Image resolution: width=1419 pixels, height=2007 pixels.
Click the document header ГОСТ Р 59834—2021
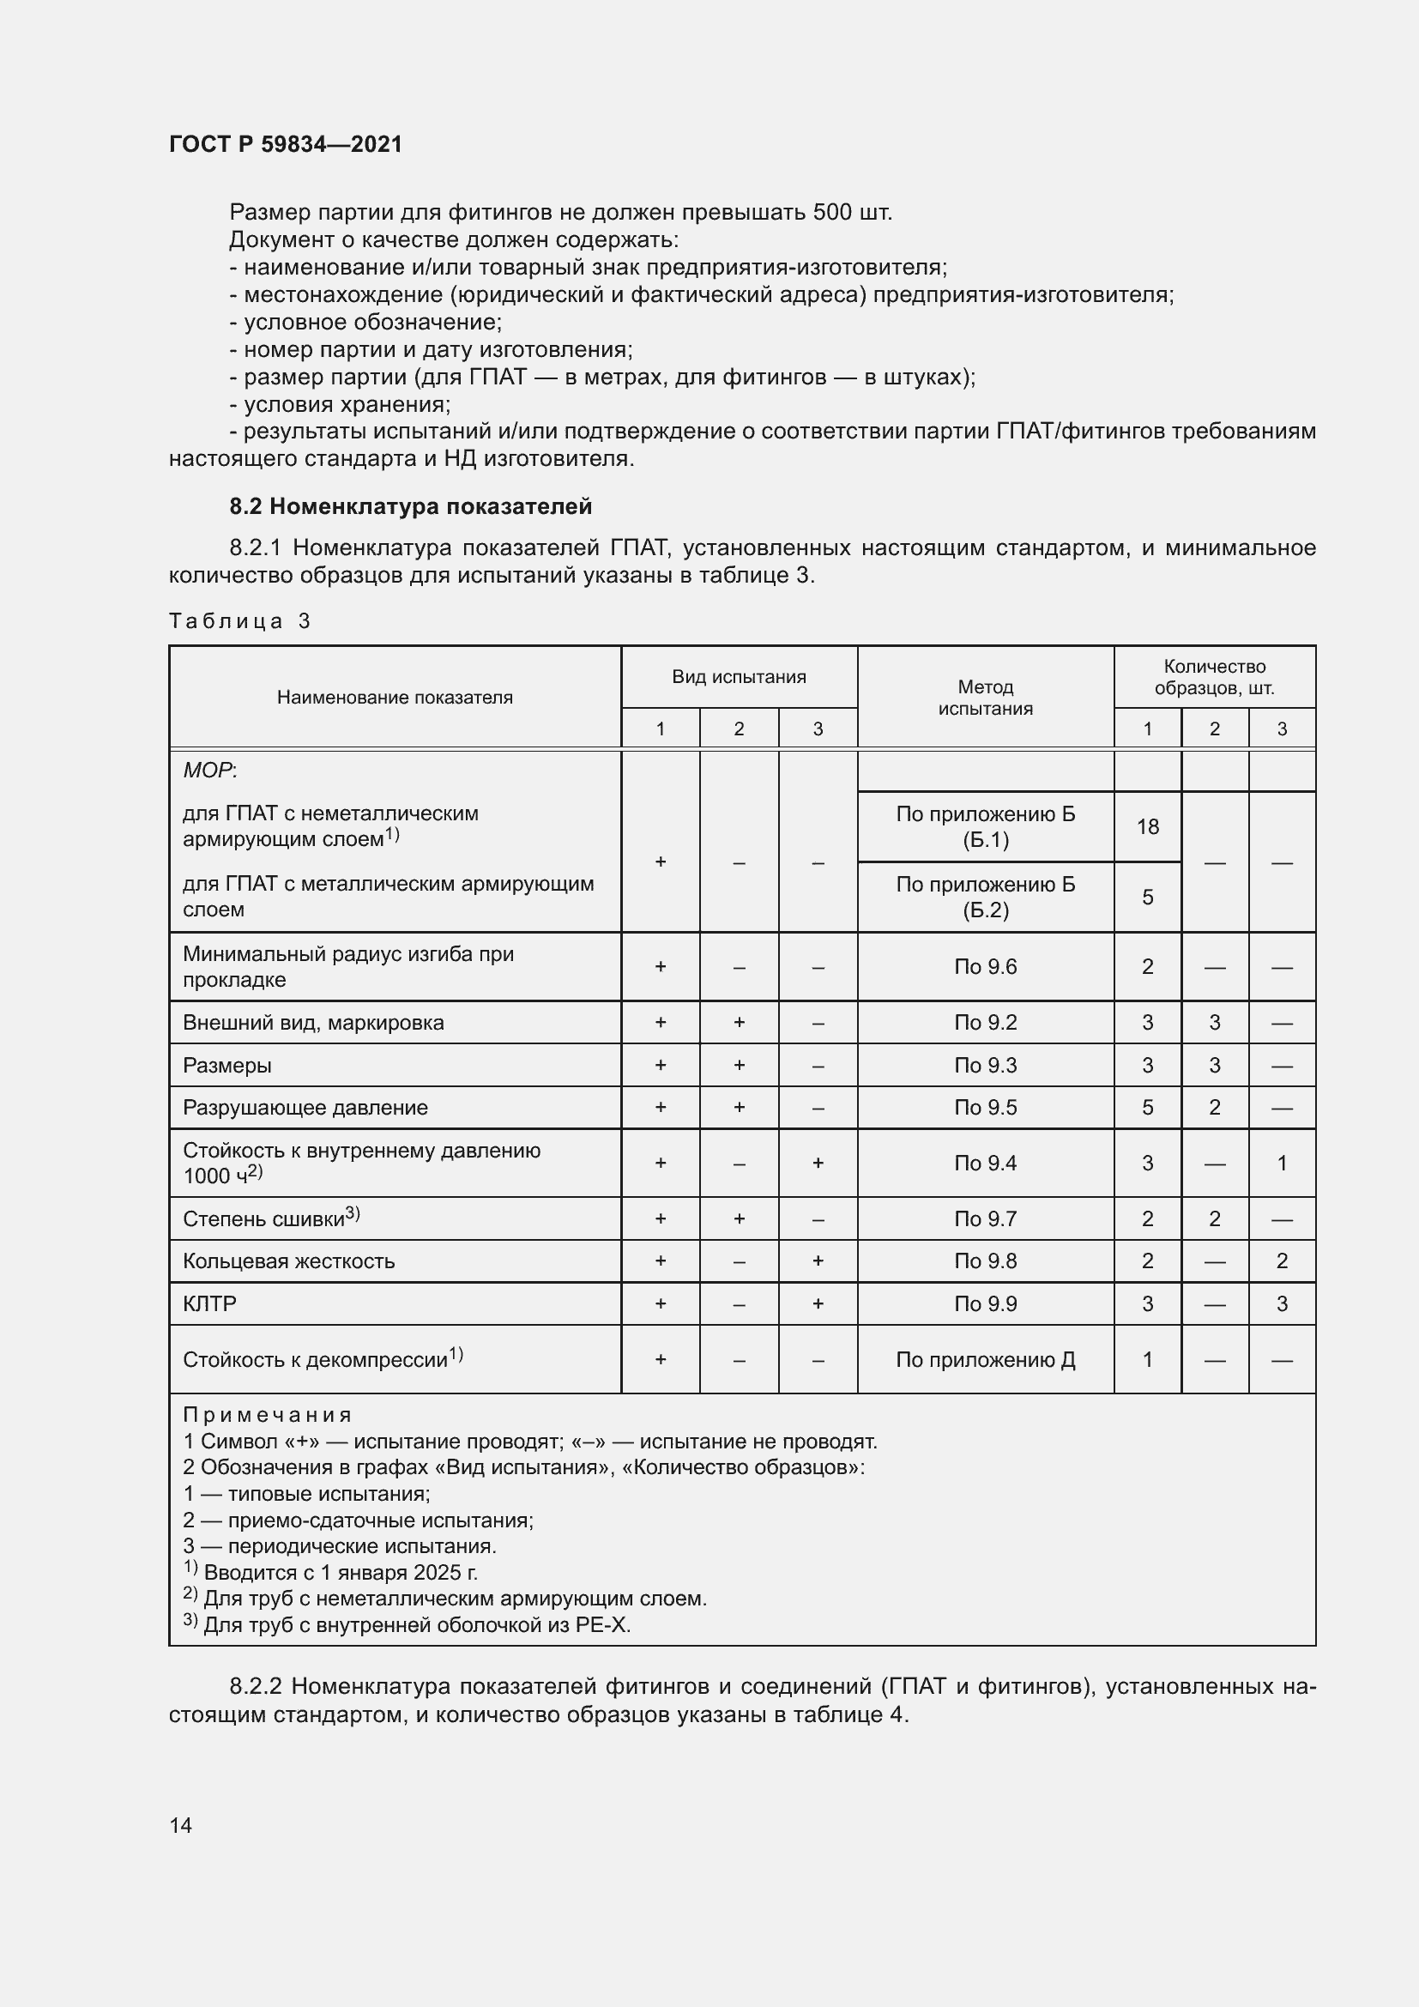coord(286,144)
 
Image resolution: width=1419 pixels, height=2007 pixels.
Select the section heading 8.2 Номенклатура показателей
coord(410,506)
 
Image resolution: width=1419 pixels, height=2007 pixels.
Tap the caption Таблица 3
coord(239,621)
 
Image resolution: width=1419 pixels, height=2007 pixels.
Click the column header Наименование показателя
coord(394,698)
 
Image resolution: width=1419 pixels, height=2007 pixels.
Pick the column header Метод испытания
coord(985,698)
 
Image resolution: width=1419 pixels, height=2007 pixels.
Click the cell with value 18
coord(1147,827)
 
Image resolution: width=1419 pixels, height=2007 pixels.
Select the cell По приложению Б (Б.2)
coord(985,897)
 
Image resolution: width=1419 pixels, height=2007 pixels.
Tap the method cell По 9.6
coord(985,967)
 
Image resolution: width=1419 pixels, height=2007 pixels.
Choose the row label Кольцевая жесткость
coord(288,1261)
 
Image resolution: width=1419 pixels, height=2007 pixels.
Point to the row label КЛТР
coord(209,1304)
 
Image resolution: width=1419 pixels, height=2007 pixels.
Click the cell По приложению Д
coord(985,1360)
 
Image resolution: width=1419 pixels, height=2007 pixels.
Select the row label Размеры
coord(227,1066)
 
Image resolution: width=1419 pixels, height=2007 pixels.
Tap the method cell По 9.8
coord(985,1261)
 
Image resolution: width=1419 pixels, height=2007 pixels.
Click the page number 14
coord(181,1825)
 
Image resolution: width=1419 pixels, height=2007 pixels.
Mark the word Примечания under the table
coord(268,1415)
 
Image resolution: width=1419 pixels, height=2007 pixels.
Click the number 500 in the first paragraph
coord(833,213)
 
